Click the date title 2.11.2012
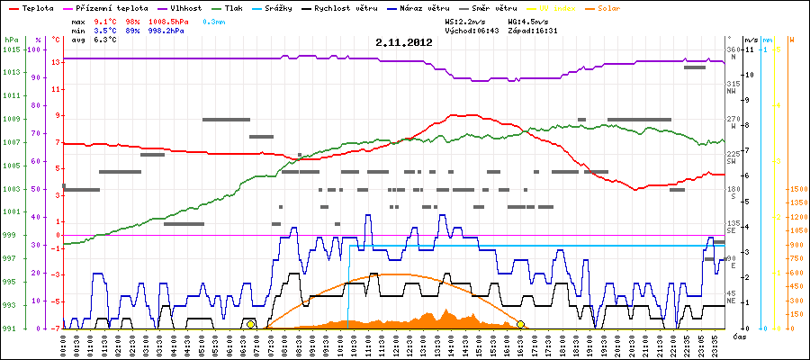pyautogui.click(x=404, y=42)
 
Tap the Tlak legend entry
pyautogui.click(x=238, y=6)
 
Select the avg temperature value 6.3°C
pyautogui.click(x=105, y=40)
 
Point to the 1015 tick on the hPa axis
pyautogui.click(x=11, y=49)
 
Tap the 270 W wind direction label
pyautogui.click(x=732, y=122)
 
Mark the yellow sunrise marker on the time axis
pyautogui.click(x=250, y=324)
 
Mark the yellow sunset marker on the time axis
pyautogui.click(x=520, y=324)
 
